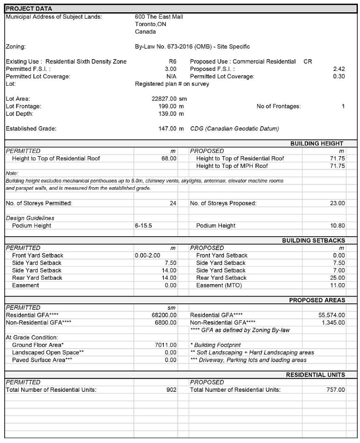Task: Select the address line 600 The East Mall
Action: (x=159, y=17)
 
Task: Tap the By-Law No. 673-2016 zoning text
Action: (x=193, y=47)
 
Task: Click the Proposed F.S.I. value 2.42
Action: (x=338, y=69)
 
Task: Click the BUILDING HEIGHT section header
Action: (x=317, y=143)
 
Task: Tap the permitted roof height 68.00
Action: (x=169, y=158)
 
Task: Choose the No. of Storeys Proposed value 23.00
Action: (x=336, y=203)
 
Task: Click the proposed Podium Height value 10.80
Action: (x=336, y=225)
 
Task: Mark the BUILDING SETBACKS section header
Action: (x=313, y=240)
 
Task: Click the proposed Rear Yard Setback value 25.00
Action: (x=336, y=278)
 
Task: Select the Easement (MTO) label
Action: (x=219, y=285)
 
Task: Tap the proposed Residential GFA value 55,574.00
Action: (x=331, y=315)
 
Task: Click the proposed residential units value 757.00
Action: (x=334, y=390)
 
